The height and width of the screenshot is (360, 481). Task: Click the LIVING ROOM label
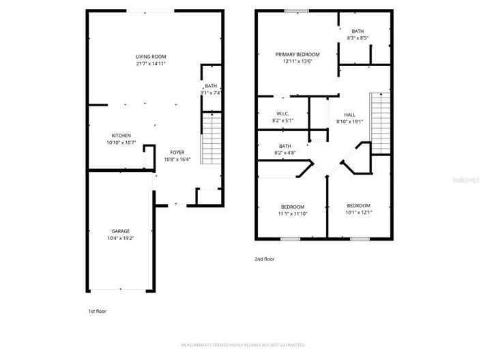[151, 57]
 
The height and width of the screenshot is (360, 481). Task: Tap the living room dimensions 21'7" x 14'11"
[151, 63]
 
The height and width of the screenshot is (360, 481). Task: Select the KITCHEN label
[121, 136]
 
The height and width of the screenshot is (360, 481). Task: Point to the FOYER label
[177, 152]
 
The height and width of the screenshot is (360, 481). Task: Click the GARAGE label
[121, 231]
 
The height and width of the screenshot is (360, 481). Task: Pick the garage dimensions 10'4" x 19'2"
[121, 238]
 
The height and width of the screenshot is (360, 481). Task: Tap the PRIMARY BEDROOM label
[297, 54]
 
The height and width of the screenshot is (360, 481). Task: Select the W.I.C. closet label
[284, 114]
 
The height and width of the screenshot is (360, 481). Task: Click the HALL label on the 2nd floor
[349, 115]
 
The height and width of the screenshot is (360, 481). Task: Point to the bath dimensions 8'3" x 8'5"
[358, 38]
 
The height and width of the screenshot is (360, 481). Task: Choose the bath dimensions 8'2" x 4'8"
[285, 152]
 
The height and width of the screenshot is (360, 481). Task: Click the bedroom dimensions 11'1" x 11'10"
[293, 213]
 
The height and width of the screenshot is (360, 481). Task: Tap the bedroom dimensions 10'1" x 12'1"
[358, 212]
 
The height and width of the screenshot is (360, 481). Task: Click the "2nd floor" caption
[265, 259]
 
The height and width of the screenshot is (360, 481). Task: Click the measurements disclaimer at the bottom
[240, 346]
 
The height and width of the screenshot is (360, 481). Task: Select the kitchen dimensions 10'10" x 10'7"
[121, 142]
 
